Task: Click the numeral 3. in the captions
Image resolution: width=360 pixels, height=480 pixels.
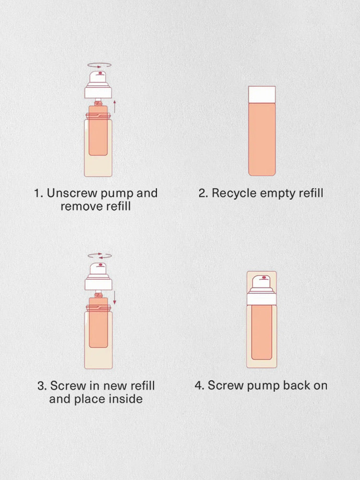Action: pos(42,386)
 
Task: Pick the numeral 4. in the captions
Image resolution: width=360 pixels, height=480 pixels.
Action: pos(200,385)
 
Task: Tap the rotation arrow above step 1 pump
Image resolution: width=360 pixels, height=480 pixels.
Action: pos(99,65)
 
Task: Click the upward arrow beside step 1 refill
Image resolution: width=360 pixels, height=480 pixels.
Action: pos(115,106)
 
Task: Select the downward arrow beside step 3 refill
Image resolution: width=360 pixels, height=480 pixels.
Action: pos(115,298)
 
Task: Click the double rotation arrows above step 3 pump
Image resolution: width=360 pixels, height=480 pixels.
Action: pos(100,256)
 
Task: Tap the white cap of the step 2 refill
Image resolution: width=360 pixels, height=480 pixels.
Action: pos(262,95)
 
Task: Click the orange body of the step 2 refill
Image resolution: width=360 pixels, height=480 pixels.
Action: pos(262,139)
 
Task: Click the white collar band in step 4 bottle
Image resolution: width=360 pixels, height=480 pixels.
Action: pos(262,299)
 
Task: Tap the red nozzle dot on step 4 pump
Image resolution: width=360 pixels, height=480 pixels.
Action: pos(264,278)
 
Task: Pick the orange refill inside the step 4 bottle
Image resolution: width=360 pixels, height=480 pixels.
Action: pos(262,332)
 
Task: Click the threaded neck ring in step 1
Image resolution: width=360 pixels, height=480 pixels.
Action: pos(98,116)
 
